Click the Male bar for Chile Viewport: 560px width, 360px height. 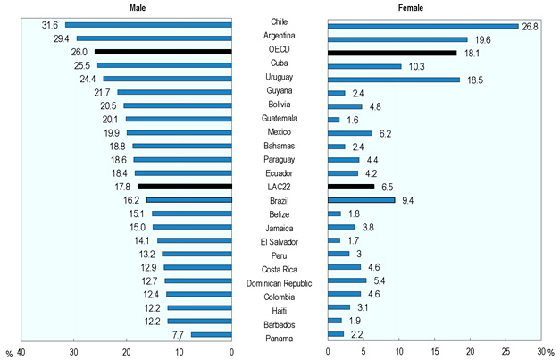pos(147,24)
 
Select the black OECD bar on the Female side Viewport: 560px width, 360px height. pos(392,52)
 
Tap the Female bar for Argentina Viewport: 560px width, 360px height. pos(397,38)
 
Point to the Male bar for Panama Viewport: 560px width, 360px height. pos(211,334)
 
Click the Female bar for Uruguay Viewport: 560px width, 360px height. pos(394,79)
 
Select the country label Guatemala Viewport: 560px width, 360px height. pos(280,119)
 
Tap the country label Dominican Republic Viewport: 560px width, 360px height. pos(280,283)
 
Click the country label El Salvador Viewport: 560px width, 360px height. pos(280,242)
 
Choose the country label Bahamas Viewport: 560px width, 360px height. pos(280,146)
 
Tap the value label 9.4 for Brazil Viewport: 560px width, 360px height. pos(407,200)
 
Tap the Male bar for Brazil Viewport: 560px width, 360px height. pos(188,200)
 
